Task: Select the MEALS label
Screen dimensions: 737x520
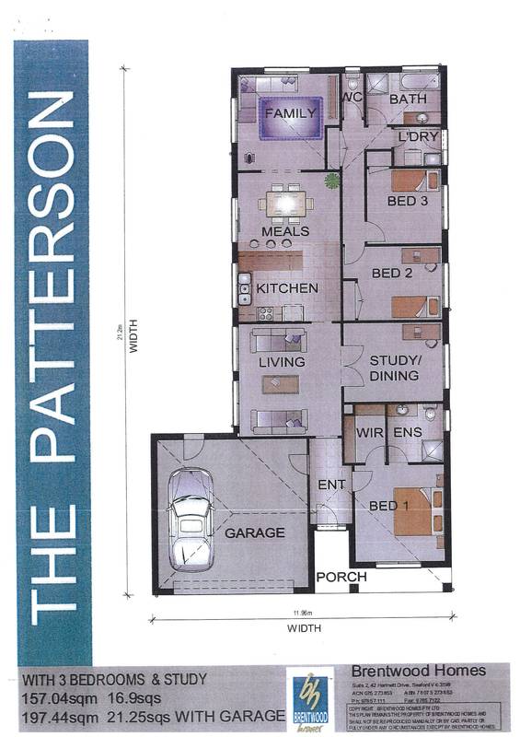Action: (285, 231)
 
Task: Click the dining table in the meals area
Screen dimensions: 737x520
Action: (285, 202)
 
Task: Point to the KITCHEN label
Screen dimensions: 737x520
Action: (287, 288)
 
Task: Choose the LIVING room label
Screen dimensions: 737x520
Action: (282, 362)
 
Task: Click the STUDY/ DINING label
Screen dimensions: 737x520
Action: (394, 368)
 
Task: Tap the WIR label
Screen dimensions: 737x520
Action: (368, 430)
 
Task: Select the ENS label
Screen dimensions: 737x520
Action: (407, 430)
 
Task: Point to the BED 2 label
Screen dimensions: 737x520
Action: (391, 273)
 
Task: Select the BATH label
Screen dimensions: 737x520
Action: (406, 99)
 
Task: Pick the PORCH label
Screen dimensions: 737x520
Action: (341, 578)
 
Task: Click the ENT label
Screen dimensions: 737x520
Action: (330, 485)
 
